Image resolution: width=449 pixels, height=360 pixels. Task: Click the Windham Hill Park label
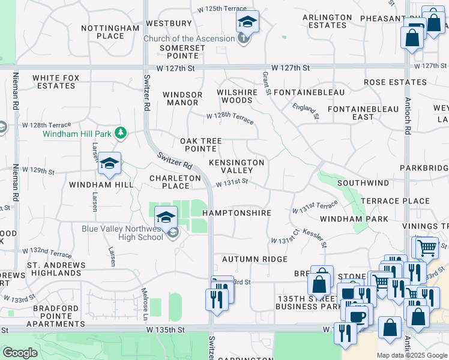[78, 133]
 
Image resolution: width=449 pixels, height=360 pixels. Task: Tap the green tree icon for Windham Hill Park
[121, 133]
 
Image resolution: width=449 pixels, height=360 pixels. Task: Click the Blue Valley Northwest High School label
[123, 233]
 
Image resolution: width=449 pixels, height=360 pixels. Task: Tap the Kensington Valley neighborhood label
[237, 166]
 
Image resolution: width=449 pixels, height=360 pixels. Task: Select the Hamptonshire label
[237, 213]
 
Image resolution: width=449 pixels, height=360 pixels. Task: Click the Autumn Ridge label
[255, 259]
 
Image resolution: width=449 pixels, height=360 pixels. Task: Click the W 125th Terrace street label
[222, 9]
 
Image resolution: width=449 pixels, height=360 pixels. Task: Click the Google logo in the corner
[20, 353]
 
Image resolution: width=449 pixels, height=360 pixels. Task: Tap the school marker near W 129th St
[110, 164]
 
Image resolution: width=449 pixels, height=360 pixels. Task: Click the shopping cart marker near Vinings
[426, 247]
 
